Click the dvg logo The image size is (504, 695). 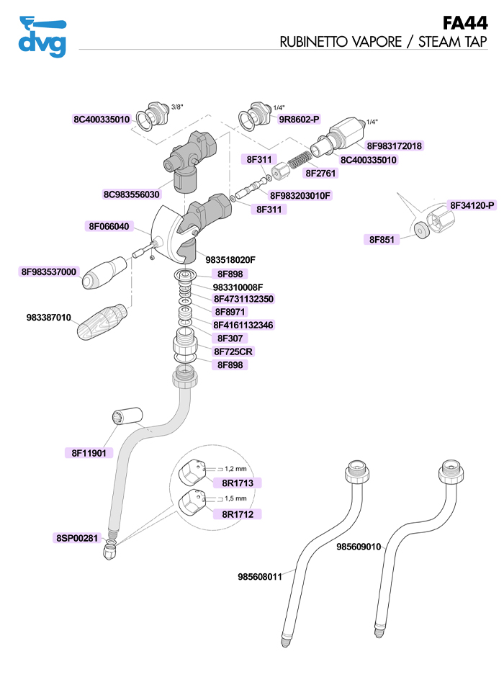click(42, 36)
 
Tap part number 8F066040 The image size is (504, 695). click(109, 226)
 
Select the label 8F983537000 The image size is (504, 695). click(49, 272)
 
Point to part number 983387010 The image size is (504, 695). click(49, 317)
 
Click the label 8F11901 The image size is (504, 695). click(89, 453)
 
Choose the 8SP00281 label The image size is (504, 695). click(76, 537)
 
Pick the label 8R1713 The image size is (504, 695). click(237, 483)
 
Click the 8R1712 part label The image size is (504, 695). click(237, 514)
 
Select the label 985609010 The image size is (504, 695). click(358, 547)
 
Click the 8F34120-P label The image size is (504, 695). click(472, 205)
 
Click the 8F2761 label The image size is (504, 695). click(321, 173)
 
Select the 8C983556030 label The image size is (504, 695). click(132, 194)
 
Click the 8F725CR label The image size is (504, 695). click(234, 351)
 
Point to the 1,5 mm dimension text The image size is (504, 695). click(235, 498)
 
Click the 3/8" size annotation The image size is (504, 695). click(176, 107)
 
